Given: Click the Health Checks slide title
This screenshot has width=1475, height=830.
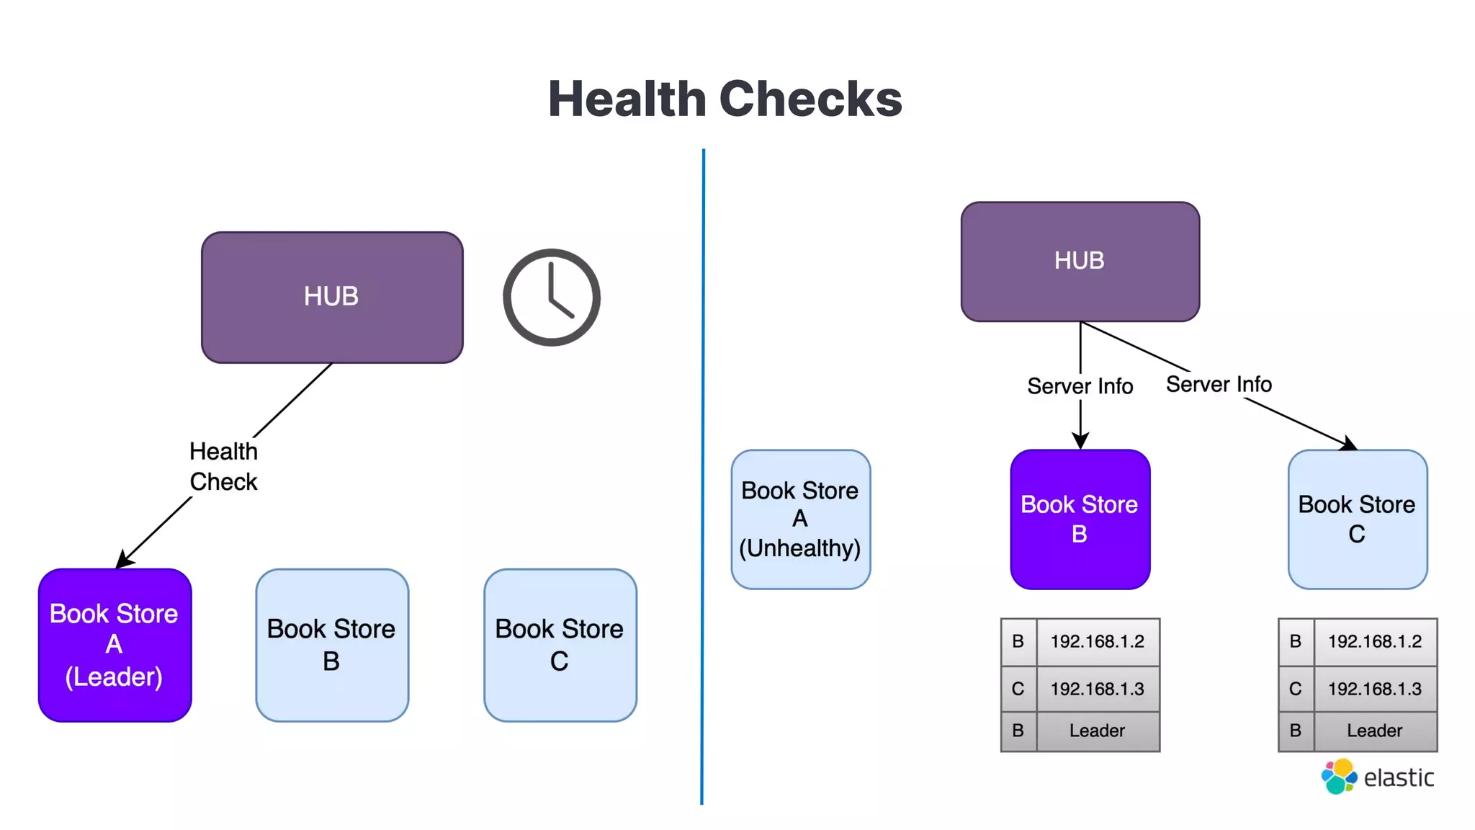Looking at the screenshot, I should tap(725, 99).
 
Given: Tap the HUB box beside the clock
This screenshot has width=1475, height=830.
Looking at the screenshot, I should tap(331, 297).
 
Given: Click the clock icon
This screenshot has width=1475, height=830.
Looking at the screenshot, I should tap(552, 297).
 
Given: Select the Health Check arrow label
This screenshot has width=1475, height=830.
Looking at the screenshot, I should tap(223, 466).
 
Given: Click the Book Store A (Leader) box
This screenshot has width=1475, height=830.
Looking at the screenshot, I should tap(115, 645).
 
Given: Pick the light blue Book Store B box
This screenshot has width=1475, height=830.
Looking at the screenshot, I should tap(331, 645).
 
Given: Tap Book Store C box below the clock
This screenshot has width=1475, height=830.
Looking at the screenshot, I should tap(560, 645).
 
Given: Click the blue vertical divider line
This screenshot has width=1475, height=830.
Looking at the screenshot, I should tap(703, 476).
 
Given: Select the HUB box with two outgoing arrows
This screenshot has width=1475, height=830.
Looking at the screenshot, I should tap(1080, 261).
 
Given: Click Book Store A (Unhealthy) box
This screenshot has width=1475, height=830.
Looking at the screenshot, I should tap(800, 519).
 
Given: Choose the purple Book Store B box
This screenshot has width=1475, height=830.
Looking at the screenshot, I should tap(1080, 519).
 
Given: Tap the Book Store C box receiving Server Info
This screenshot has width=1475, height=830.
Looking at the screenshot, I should tap(1357, 519).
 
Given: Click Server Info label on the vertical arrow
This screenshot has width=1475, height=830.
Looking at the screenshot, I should tap(1080, 387).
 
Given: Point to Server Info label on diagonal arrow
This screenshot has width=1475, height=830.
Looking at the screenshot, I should tap(1219, 385).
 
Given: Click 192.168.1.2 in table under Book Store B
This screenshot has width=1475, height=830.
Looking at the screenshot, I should tap(1097, 641).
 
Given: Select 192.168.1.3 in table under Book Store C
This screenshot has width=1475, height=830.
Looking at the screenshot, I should tap(1374, 689).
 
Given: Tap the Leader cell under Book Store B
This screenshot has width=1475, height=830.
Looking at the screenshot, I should tap(1097, 731).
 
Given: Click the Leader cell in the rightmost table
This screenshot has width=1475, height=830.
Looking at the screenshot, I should tap(1374, 731).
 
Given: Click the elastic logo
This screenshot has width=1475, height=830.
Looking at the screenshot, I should tap(1377, 777).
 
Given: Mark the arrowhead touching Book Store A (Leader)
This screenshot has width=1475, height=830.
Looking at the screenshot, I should tap(122, 561).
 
